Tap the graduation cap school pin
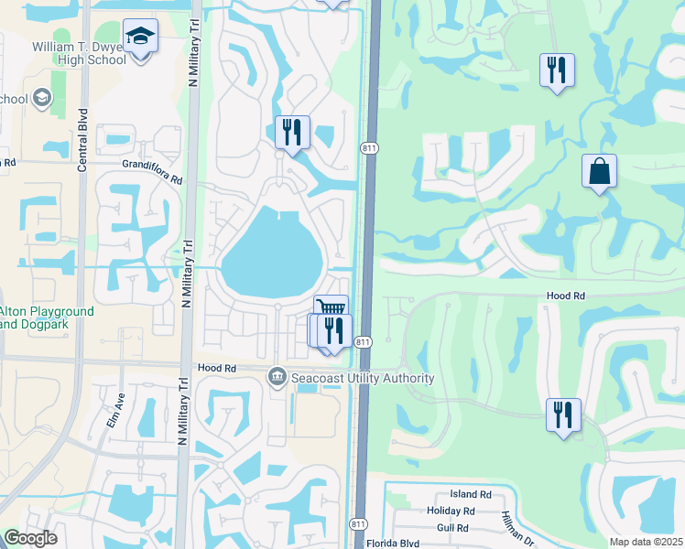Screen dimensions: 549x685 140,37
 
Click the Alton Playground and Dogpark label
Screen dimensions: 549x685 47,318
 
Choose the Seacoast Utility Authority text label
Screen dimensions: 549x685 363,378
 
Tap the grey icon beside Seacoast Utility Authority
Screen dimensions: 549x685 277,377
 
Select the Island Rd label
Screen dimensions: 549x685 471,494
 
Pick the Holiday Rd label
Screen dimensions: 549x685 451,511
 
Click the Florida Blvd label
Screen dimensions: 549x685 397,543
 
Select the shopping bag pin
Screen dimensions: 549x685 599,170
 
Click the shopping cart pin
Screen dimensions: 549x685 331,308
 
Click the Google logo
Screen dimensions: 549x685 29,537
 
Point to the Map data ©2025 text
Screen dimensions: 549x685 645,541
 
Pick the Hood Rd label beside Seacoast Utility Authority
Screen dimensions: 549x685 216,368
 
